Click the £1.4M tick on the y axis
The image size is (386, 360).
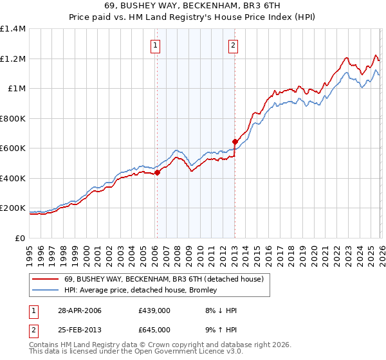click(13, 29)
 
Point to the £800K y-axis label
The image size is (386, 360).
click(13, 118)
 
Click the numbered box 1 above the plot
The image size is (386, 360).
click(156, 45)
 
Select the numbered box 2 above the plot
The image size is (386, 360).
click(232, 45)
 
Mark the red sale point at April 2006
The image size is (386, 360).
click(158, 172)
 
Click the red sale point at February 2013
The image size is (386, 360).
click(235, 141)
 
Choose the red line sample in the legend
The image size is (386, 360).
click(46, 279)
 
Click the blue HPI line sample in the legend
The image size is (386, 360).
click(46, 290)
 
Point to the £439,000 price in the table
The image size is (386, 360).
click(154, 310)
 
